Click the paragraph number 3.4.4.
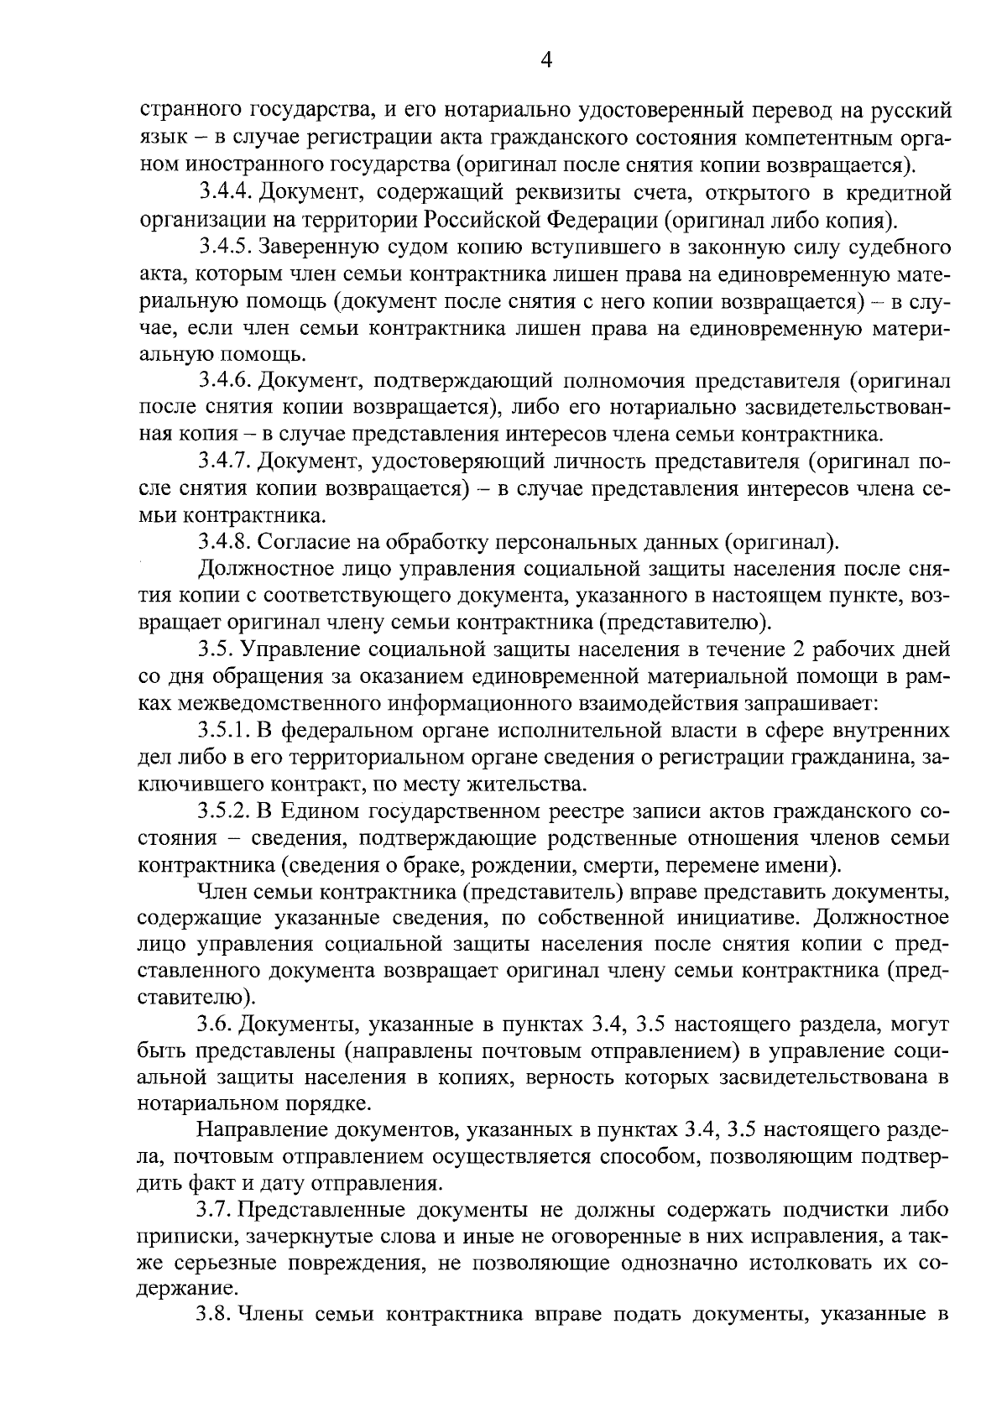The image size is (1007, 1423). click(x=226, y=194)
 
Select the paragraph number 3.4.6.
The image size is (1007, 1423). click(x=226, y=381)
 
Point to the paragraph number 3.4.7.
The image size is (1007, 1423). click(x=226, y=461)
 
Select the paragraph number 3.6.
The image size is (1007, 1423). click(x=215, y=1025)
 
